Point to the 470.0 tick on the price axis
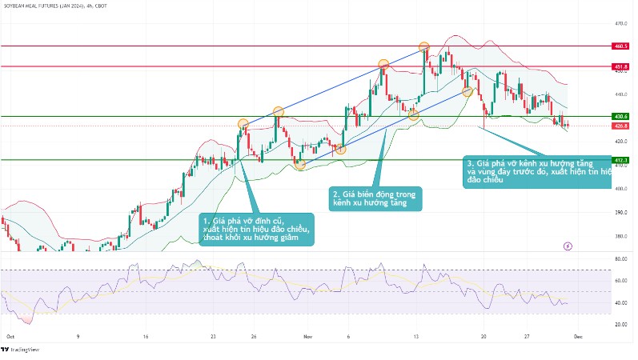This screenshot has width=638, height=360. [x=620, y=23]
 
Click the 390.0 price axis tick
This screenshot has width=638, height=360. [x=620, y=212]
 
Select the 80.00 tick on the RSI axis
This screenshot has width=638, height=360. [x=620, y=259]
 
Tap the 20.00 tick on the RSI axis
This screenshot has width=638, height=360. [x=620, y=324]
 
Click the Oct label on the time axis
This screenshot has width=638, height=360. [x=10, y=337]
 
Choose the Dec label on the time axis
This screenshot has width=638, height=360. [x=579, y=337]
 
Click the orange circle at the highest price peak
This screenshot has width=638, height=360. [x=424, y=48]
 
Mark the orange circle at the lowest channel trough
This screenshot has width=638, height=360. [x=299, y=164]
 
